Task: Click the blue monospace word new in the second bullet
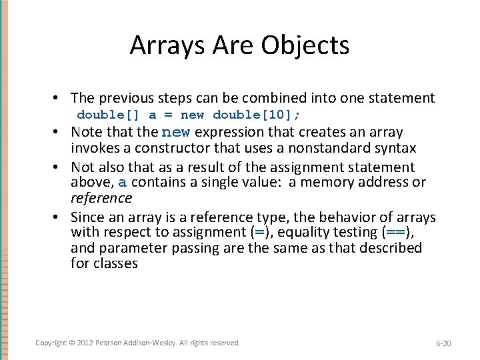pyautogui.click(x=175, y=132)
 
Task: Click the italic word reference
pyautogui.click(x=101, y=198)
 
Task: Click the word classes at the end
pyautogui.click(x=115, y=263)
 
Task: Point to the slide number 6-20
pyautogui.click(x=443, y=343)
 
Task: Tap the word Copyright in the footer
pyautogui.click(x=51, y=343)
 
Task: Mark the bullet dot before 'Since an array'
pyautogui.click(x=60, y=217)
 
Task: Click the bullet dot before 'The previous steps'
pyautogui.click(x=60, y=98)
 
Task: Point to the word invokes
pyautogui.click(x=93, y=147)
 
